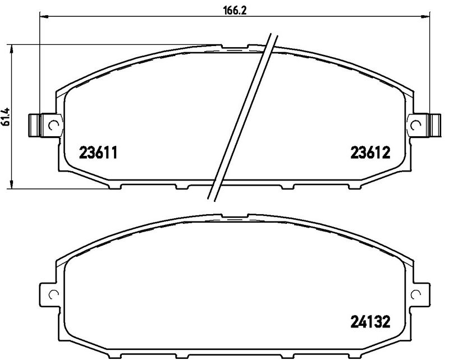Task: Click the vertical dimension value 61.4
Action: pyautogui.click(x=6, y=117)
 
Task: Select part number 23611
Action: pyautogui.click(x=98, y=152)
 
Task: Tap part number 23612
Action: pyautogui.click(x=370, y=152)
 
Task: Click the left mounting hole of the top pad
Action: pyautogui.click(x=53, y=125)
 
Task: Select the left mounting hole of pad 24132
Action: pyautogui.click(x=53, y=294)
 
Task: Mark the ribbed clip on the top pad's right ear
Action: pyautogui.click(x=433, y=124)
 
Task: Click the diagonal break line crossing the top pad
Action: pyautogui.click(x=241, y=118)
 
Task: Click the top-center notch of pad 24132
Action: pyautogui.click(x=236, y=215)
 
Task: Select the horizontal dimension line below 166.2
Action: pyautogui.click(x=140, y=17)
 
